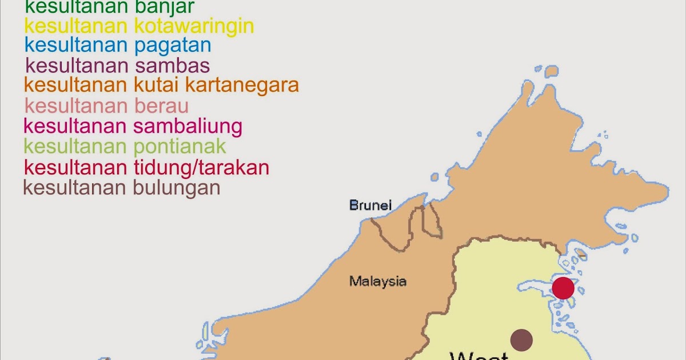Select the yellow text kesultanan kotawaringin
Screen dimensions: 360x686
[x=139, y=26]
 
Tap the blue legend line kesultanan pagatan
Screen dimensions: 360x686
[x=118, y=45]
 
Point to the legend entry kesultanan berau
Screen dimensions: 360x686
[x=107, y=106]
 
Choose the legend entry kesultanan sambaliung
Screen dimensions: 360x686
[x=133, y=126]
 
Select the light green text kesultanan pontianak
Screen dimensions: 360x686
[x=125, y=146]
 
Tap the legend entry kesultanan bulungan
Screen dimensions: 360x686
[x=122, y=187]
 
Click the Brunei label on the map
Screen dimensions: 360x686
[x=370, y=205]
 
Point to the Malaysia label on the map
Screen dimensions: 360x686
[x=378, y=281]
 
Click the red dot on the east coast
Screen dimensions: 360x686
[x=563, y=288]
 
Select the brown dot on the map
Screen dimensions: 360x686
[x=521, y=340]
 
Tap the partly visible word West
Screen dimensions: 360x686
[x=479, y=355]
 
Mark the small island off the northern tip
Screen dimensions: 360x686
[x=551, y=71]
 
